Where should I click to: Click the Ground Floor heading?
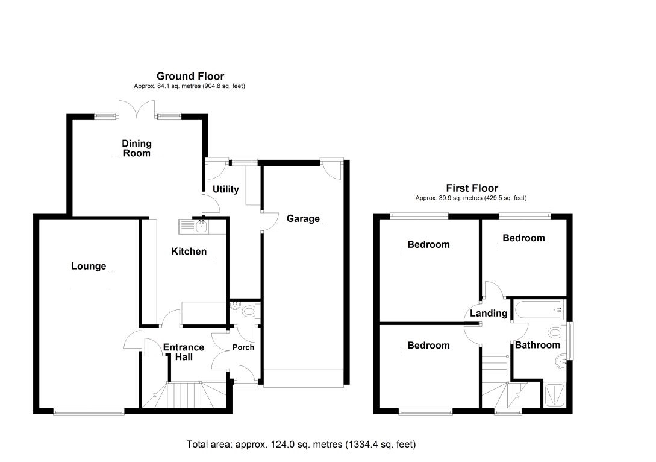point(190,76)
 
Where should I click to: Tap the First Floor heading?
point(472,188)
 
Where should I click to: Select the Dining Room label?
point(137,148)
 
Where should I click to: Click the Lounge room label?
point(89,266)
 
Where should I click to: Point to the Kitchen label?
point(189,252)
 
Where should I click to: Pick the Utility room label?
point(225,189)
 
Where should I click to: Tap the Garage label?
point(303,219)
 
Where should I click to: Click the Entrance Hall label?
point(184,352)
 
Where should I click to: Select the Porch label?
point(243,347)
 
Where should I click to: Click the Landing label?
point(489,313)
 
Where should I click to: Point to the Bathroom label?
point(537,345)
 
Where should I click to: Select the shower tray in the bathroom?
point(555,395)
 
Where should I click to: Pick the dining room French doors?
point(136,109)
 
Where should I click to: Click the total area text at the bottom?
point(301,444)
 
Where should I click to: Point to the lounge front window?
point(89,411)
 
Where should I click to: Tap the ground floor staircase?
point(184,394)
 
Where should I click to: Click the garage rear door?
point(333,169)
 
